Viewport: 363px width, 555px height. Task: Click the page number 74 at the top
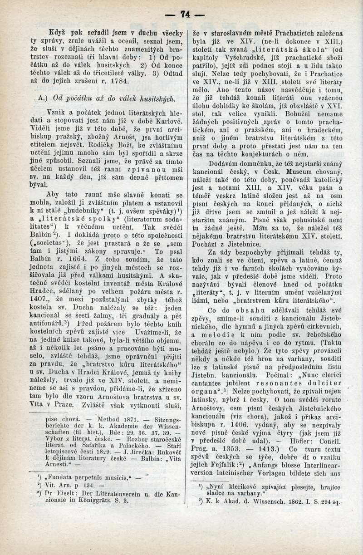[x=185, y=15]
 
